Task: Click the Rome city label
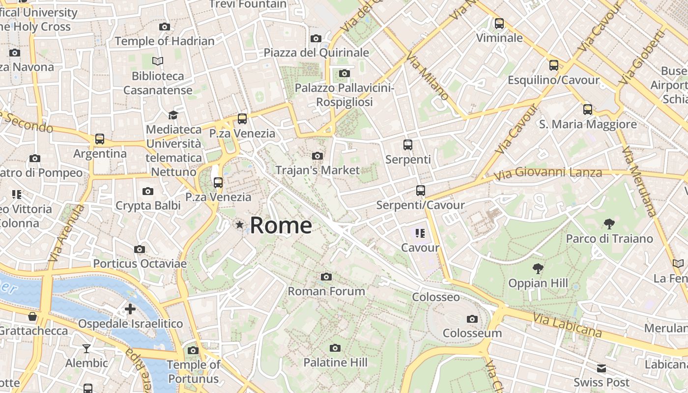(x=281, y=225)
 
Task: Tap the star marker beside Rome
(x=239, y=225)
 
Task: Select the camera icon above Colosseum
(x=472, y=319)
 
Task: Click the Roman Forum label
(x=326, y=291)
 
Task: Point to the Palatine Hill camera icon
(x=335, y=348)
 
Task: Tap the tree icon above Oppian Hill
(x=538, y=269)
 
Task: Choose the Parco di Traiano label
(x=609, y=239)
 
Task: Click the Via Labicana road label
(x=567, y=324)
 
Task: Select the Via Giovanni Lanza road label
(x=548, y=173)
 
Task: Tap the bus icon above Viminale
(x=499, y=23)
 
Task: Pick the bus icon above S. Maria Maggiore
(x=588, y=110)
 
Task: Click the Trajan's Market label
(x=317, y=170)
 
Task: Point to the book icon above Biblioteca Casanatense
(x=158, y=61)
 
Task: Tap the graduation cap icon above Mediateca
(x=173, y=115)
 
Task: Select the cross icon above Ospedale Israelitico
(x=130, y=309)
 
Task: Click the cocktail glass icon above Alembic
(x=86, y=349)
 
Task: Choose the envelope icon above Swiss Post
(x=602, y=368)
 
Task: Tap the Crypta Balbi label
(x=148, y=205)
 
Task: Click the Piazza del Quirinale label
(x=316, y=53)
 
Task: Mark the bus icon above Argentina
(x=100, y=139)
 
